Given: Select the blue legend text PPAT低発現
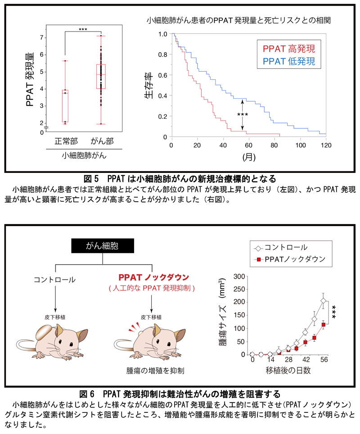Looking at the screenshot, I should (289, 61).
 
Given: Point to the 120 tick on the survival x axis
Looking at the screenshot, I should (326, 145).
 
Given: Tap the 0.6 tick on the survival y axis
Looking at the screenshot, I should (165, 75).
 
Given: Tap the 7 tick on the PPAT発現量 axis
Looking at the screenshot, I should (41, 37).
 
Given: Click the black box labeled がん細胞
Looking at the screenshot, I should (103, 246).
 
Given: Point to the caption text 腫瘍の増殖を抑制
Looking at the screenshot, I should (155, 371).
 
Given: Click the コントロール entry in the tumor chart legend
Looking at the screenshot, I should (286, 247).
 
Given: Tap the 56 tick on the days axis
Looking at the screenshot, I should (323, 361).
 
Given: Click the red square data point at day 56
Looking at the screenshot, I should (323, 325).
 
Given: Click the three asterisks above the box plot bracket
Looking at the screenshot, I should (83, 30).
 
